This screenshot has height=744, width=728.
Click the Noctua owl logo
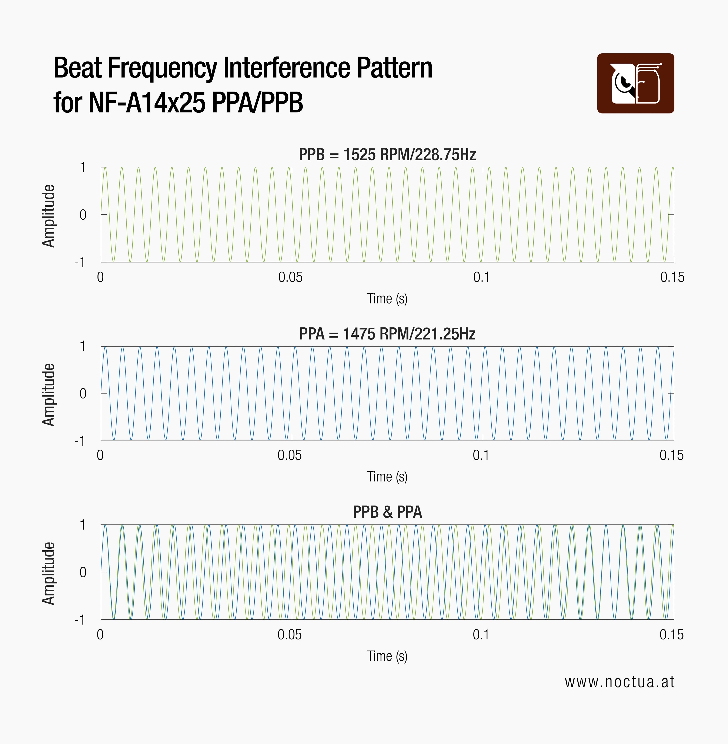[x=635, y=83]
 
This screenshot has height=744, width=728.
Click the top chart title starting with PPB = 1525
[x=387, y=155]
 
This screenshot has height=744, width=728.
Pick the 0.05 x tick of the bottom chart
[x=290, y=635]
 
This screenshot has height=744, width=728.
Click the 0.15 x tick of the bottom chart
[x=671, y=635]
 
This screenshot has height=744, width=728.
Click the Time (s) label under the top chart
[x=387, y=298]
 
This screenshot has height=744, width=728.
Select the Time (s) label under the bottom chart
[x=387, y=656]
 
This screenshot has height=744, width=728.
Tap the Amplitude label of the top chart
[x=49, y=216]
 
